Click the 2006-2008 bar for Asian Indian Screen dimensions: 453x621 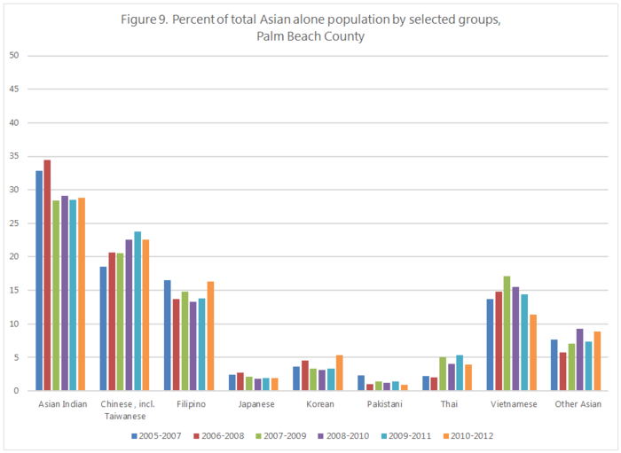click(x=47, y=275)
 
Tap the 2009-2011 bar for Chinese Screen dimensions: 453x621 click(x=138, y=311)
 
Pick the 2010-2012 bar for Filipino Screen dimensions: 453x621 click(x=210, y=336)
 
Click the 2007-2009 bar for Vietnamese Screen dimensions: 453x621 click(x=507, y=333)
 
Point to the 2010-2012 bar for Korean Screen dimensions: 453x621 click(x=339, y=372)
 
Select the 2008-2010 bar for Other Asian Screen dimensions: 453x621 click(x=579, y=359)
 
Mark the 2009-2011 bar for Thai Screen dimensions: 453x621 click(x=460, y=372)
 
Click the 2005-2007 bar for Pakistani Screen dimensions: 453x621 click(x=361, y=382)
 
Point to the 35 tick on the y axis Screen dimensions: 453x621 click(x=14, y=156)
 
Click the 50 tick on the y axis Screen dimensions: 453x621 click(x=14, y=56)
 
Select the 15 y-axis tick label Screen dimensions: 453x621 click(x=14, y=290)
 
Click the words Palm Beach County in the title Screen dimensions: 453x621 click(x=310, y=36)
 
